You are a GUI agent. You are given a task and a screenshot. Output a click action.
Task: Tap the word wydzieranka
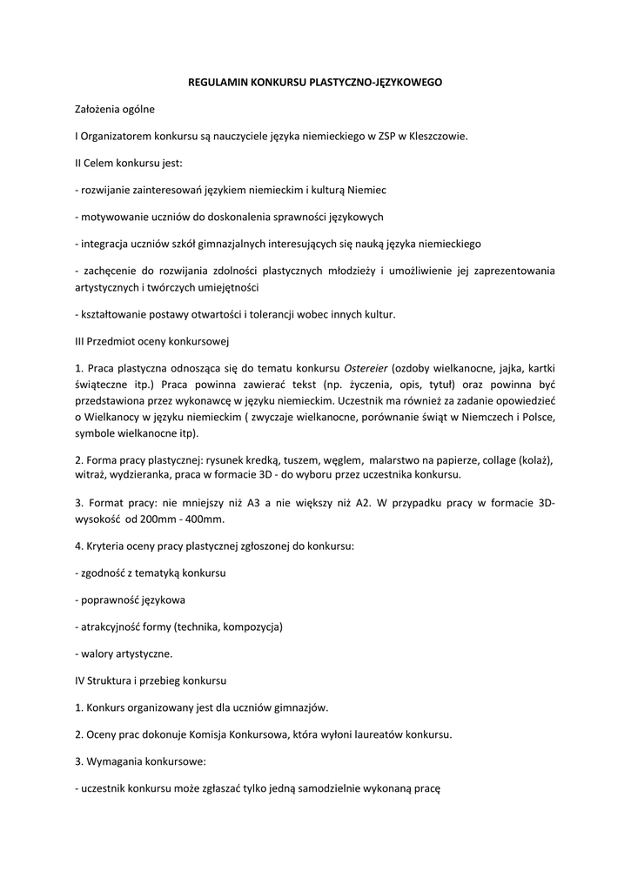(x=141, y=475)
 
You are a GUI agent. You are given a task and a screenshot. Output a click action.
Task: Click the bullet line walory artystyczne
(x=125, y=653)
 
